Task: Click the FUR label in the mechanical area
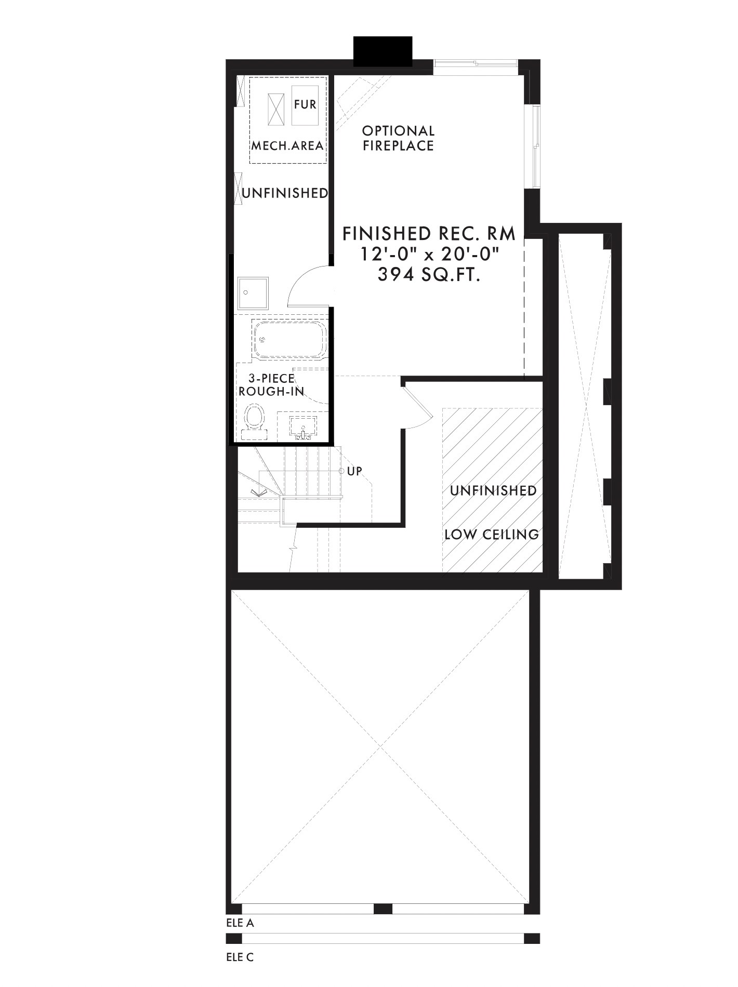pos(305,104)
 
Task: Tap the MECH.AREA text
pos(288,145)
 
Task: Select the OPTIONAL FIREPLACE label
pos(398,138)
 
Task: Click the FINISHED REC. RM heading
pos(429,234)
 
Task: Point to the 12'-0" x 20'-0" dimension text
pos(429,255)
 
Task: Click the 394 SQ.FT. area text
pos(429,274)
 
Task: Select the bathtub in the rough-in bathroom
pos(289,339)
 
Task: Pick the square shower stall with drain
pos(253,294)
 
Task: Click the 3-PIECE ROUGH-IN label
pos(271,385)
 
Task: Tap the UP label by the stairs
pos(354,471)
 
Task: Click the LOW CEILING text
pos(492,534)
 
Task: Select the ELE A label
pos(240,923)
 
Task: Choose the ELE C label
pos(240,957)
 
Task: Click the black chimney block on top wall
pos(383,51)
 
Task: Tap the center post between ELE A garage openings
pos(383,909)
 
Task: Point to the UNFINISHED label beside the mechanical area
pos(285,193)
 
